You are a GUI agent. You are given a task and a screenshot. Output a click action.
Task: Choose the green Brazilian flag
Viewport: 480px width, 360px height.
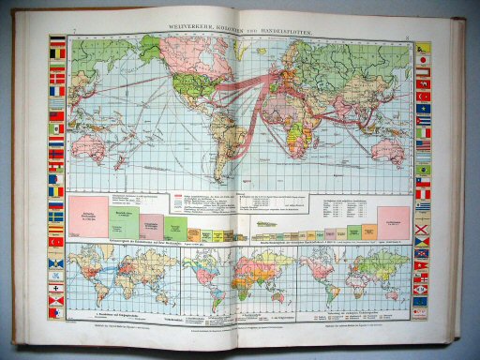click(x=423, y=170)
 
